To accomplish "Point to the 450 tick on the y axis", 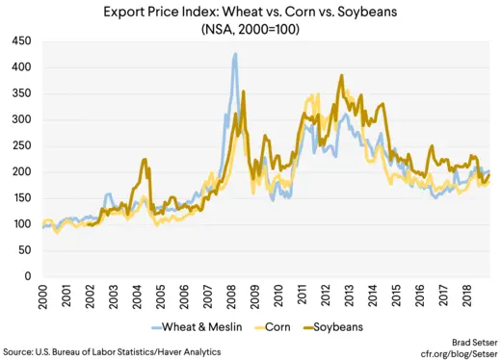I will pyautogui.click(x=20, y=42).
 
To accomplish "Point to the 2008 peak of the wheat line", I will pyautogui.click(x=235, y=55).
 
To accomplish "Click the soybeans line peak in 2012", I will pyautogui.click(x=341, y=76).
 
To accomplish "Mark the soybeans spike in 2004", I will pyautogui.click(x=144, y=160).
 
